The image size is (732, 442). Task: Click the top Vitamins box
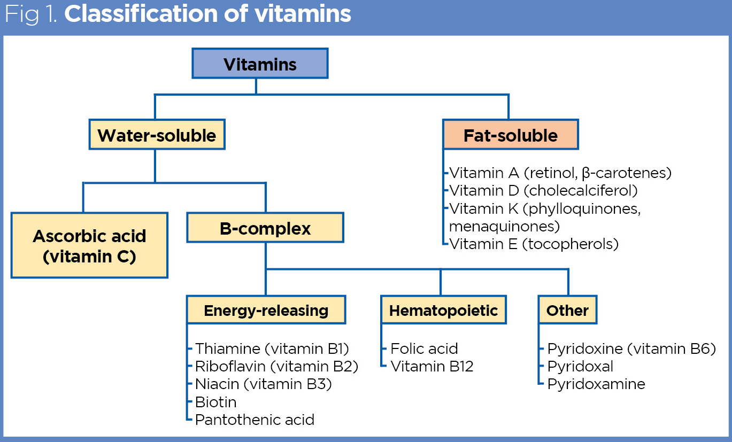point(260,65)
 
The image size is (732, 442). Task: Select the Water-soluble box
point(157,135)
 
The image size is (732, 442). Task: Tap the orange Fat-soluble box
point(510,135)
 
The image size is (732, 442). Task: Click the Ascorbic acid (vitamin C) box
point(89,246)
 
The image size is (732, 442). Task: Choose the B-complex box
point(265,229)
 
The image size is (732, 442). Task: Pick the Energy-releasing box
point(266,311)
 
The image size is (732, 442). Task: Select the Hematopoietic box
point(443,311)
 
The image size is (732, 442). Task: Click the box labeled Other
point(567,311)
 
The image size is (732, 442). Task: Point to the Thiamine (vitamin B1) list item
point(272,349)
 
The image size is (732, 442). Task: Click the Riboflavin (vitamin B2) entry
point(276,366)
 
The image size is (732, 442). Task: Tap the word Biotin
point(215,401)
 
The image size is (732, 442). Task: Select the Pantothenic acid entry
point(255,420)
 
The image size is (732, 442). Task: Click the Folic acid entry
point(424,349)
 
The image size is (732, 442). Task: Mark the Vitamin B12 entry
point(432,366)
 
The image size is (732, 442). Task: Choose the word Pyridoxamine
point(596,384)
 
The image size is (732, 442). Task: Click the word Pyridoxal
point(580,366)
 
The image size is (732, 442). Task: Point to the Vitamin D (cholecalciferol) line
point(543,190)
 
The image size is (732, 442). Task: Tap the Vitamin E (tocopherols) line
point(534,244)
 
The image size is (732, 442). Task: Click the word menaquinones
point(504,226)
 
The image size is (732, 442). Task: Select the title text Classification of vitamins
point(207,14)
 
